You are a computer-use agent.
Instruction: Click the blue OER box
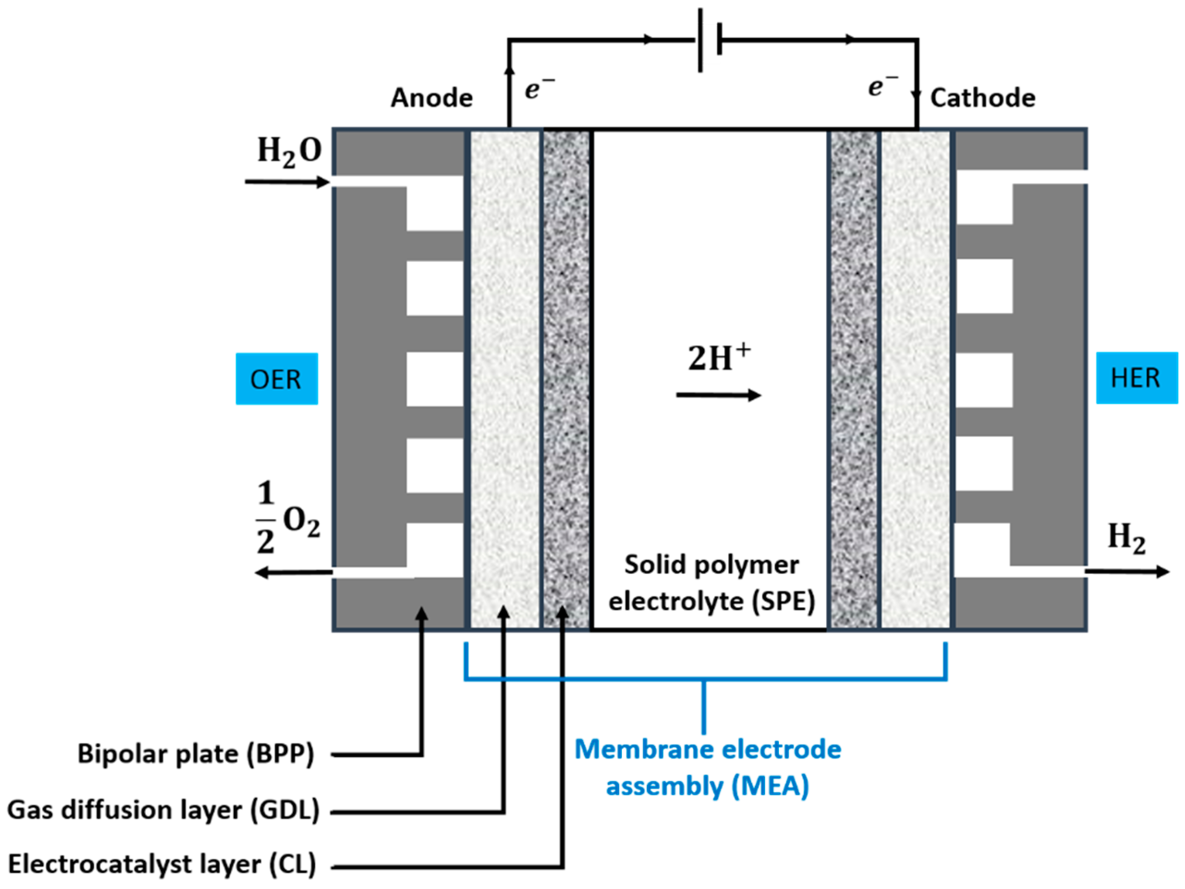(276, 378)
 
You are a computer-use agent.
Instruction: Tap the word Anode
(431, 97)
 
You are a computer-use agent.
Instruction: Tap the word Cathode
(983, 97)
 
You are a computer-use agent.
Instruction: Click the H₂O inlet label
(289, 151)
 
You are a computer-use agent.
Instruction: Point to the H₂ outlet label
(1126, 537)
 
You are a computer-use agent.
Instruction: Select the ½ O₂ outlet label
(287, 518)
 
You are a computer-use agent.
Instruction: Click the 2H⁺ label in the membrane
(718, 358)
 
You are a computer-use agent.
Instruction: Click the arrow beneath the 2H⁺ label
(718, 396)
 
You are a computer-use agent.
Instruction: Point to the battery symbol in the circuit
(709, 40)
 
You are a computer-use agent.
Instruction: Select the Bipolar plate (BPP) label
(195, 754)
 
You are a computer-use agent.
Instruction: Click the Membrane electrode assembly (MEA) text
(707, 767)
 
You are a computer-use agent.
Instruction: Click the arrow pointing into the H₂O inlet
(286, 182)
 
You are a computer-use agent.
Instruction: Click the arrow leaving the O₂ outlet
(293, 573)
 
